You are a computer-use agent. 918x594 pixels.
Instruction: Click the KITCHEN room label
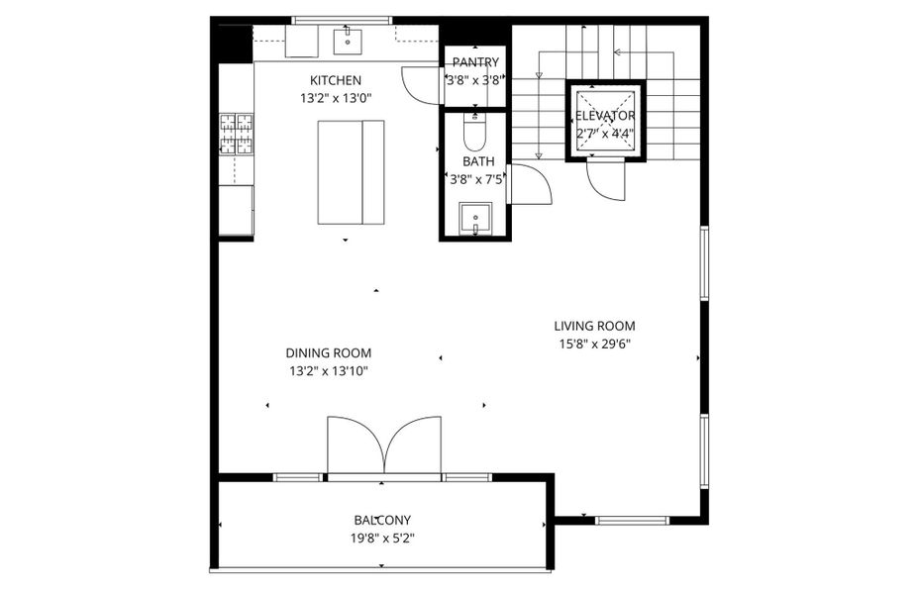[x=336, y=80]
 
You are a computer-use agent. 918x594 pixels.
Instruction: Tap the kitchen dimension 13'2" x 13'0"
[x=336, y=99]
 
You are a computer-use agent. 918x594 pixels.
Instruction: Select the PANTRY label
[x=475, y=63]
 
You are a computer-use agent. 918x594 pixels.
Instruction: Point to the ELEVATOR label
[x=605, y=116]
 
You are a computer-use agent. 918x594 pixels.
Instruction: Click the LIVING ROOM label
[x=594, y=326]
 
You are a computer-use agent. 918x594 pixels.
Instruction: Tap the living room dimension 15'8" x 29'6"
[x=594, y=345]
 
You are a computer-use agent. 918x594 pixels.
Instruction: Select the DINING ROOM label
[x=328, y=352]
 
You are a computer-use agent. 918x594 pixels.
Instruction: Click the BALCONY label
[x=382, y=520]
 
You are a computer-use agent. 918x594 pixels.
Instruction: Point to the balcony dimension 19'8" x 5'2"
[x=382, y=539]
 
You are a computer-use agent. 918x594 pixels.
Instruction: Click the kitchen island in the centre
[x=351, y=172]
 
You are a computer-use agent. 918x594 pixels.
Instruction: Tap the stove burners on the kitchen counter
[x=236, y=135]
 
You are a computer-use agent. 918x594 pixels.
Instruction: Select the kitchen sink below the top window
[x=349, y=42]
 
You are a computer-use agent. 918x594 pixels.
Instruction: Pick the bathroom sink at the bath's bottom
[x=475, y=217]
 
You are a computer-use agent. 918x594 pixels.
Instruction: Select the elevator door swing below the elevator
[x=605, y=180]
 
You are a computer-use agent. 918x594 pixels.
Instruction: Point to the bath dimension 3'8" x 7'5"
[x=475, y=180]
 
